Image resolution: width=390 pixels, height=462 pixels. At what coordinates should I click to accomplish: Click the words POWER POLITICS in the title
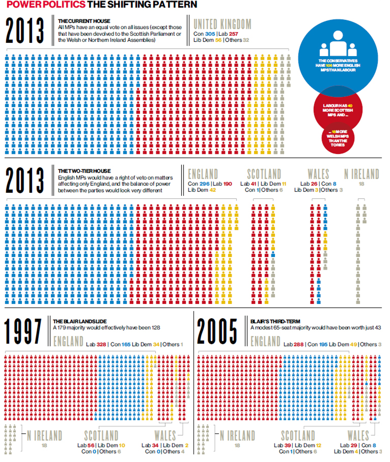[x=46, y=5]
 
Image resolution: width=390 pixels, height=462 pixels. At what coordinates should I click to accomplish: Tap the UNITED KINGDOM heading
[x=222, y=24]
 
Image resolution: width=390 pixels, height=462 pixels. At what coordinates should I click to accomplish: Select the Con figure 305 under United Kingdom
[x=210, y=34]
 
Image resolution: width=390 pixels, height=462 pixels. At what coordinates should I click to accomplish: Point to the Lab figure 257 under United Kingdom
[x=233, y=34]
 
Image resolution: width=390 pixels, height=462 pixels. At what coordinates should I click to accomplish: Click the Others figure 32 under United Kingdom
[x=246, y=40]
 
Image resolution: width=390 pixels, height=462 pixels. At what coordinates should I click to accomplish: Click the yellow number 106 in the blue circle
[x=329, y=65]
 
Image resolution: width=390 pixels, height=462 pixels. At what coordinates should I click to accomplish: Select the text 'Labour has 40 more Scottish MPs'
[x=338, y=110]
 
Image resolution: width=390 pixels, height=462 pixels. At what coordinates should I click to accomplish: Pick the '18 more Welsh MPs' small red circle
[x=338, y=138]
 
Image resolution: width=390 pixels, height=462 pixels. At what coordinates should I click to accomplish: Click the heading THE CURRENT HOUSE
[x=84, y=21]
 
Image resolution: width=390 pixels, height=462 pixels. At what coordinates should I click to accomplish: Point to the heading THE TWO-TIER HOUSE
[x=84, y=171]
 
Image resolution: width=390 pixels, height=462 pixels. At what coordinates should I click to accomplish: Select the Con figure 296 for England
[x=204, y=184]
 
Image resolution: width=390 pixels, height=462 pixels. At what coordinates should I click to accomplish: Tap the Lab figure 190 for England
[x=227, y=184]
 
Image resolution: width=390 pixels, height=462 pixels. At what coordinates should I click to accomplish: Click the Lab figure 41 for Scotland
[x=253, y=184]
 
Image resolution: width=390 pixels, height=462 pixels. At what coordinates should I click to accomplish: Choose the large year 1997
[x=23, y=331]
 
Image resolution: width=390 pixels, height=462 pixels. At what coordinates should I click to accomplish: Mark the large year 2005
[x=217, y=331]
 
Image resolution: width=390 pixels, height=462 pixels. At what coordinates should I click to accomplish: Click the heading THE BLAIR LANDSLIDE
[x=80, y=321]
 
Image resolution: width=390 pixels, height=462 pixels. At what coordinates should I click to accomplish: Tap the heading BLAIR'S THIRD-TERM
[x=275, y=321]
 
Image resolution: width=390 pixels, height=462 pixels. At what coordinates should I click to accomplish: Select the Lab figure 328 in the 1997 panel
[x=101, y=344]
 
